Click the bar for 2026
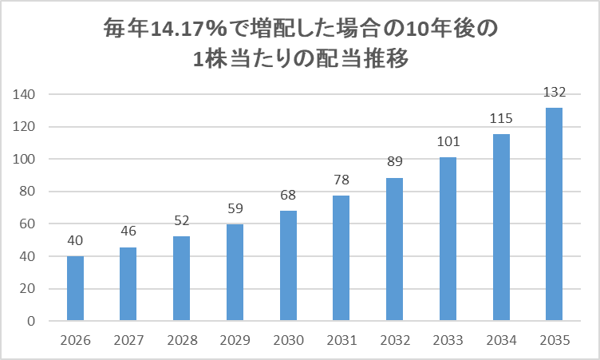coord(75,288)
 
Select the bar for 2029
coord(235,272)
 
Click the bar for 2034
coord(501,227)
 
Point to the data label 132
coord(554,93)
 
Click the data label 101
coord(448,143)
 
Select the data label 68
coord(288,196)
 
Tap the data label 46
coord(128,232)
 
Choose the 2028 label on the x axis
coord(181,341)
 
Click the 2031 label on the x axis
coord(341,341)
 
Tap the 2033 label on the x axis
coord(448,341)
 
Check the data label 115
coord(501,119)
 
